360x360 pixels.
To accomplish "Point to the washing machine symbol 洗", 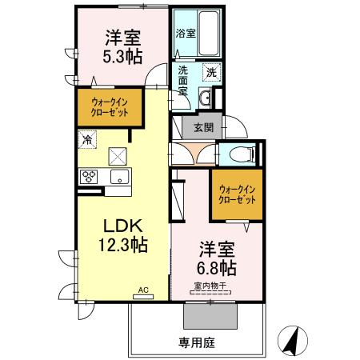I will point(211,71).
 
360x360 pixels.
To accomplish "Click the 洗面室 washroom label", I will point(182,80).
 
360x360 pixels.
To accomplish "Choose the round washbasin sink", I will point(206,98).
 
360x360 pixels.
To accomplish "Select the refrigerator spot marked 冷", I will point(86,139).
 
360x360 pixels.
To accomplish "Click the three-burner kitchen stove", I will point(88,177).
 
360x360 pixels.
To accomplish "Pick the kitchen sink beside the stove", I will point(119,177).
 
